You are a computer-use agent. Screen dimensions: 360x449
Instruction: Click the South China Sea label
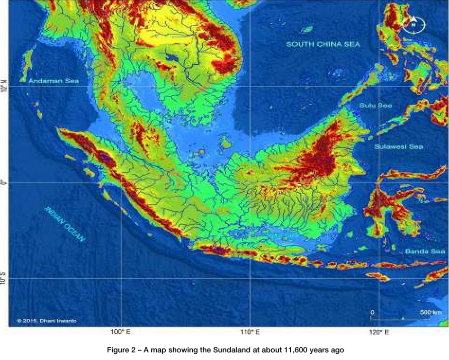coord(323,44)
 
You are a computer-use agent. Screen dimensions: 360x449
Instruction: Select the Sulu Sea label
coord(376,105)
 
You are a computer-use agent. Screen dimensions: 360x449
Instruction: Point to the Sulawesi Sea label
coord(398,147)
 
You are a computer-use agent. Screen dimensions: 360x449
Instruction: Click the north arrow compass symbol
coord(413,24)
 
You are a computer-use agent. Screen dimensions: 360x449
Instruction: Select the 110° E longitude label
coord(250,333)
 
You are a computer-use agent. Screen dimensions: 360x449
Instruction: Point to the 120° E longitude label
coord(379,333)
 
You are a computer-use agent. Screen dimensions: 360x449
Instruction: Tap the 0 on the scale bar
coord(372,313)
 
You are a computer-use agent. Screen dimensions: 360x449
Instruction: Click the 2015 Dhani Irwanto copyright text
coord(46,321)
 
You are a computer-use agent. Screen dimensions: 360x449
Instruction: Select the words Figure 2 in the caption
coord(125,351)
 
